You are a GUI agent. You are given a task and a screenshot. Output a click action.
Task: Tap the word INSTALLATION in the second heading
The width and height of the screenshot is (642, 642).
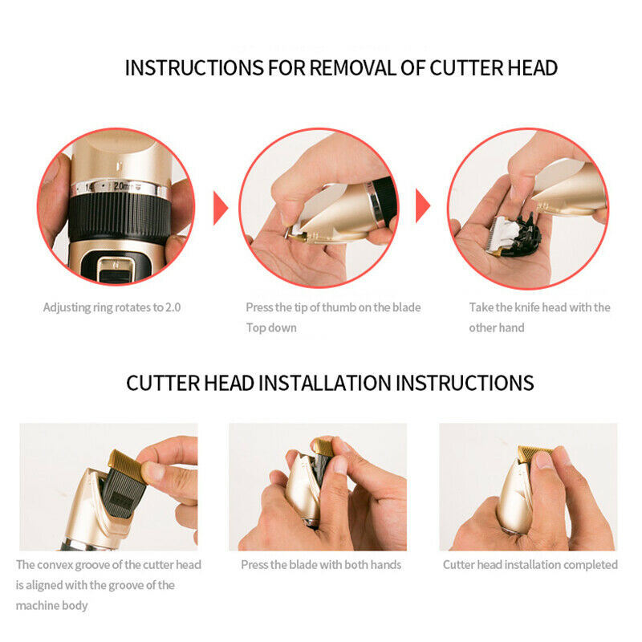click(326, 382)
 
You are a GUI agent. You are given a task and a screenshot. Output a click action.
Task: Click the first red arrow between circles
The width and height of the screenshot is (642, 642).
click(221, 208)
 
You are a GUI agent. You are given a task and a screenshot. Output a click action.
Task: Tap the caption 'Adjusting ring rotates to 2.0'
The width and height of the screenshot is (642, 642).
click(112, 307)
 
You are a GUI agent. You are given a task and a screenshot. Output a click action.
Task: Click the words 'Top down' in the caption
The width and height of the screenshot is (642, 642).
click(271, 327)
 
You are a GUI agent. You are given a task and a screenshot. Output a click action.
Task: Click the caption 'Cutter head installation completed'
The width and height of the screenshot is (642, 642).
click(530, 565)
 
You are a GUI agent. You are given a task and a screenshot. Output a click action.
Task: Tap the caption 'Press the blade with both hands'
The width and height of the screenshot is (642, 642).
click(321, 565)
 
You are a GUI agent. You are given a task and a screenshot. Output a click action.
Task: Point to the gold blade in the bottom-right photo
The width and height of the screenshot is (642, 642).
click(534, 455)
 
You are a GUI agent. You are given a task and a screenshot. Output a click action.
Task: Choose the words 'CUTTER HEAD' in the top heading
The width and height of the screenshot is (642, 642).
click(494, 68)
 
